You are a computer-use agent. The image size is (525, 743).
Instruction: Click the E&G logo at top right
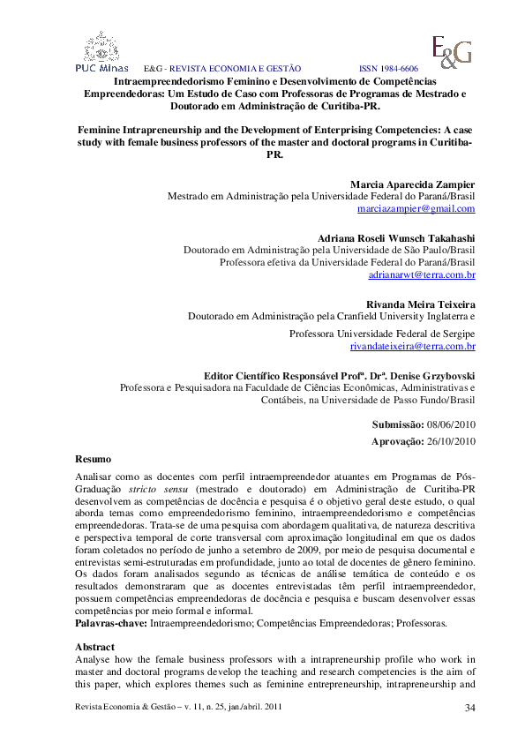[450, 51]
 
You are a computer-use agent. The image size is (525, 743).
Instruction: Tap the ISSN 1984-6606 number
[388, 68]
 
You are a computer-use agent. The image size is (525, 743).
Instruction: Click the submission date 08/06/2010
[452, 424]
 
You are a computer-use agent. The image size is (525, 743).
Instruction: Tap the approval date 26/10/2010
[452, 441]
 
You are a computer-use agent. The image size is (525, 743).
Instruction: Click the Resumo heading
[94, 459]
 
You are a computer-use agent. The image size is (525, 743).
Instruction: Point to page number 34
[469, 708]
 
